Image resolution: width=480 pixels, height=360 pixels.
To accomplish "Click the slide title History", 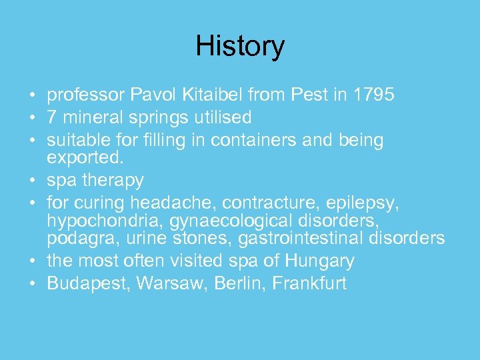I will [x=240, y=46].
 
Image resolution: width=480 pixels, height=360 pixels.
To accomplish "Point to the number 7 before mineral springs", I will [x=52, y=118].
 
